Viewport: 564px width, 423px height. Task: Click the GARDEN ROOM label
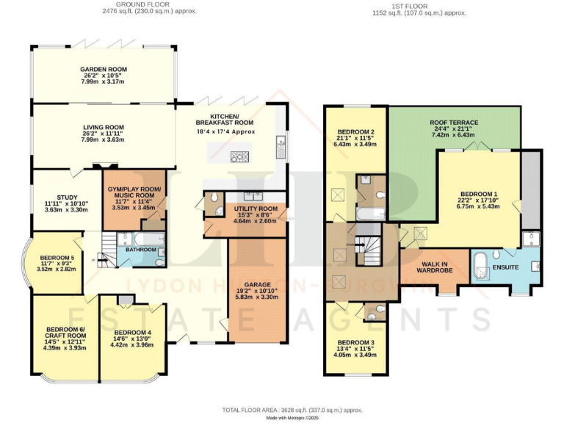coord(104,70)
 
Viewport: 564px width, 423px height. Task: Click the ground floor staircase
coord(108,242)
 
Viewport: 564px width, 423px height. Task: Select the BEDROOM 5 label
coord(57,257)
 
